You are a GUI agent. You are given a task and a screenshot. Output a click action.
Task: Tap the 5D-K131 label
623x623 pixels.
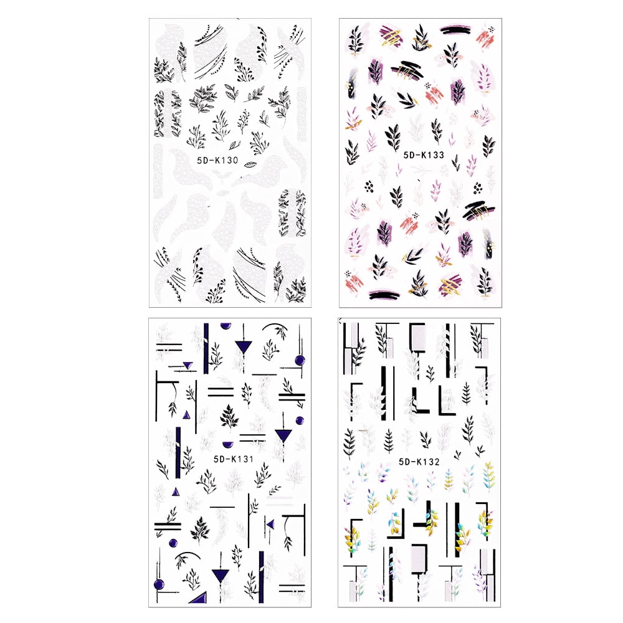227,460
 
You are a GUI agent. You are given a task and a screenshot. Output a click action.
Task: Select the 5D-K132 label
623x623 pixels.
418,462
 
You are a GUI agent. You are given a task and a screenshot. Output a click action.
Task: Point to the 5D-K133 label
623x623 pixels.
424,155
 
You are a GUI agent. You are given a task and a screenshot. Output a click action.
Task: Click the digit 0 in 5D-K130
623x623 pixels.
235,161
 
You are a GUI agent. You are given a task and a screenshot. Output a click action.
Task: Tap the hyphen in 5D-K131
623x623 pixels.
220,460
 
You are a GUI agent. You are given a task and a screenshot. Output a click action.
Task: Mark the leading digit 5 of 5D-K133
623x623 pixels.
406,155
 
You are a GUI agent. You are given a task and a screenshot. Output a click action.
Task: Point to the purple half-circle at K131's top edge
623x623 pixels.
225,325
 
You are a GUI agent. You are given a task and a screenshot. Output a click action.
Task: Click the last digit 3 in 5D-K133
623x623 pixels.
441,155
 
